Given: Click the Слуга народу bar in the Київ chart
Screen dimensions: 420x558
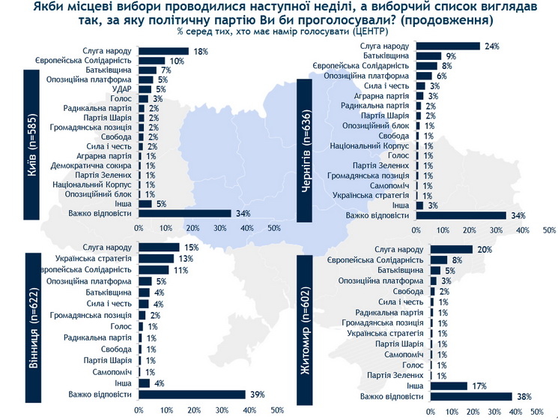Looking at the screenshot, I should coord(163,51).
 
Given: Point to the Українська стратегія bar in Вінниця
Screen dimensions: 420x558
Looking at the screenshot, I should coord(155,259).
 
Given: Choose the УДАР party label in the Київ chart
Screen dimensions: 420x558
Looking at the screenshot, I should coord(122,89).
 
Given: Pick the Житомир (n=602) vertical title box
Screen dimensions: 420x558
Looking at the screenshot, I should coord(309,328).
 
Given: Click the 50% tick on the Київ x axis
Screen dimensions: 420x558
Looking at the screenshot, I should coord(273,228).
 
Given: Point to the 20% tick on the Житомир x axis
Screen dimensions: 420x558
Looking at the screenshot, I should coord(472,411).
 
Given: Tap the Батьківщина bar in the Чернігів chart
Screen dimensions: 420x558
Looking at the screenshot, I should coord(428,55).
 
